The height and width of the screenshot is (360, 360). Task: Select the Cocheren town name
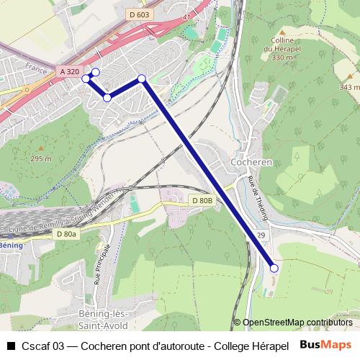[251, 163]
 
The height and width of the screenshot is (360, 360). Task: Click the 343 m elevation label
[348, 87]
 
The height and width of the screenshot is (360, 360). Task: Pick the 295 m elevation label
[41, 158]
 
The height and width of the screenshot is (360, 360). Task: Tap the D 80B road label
[203, 200]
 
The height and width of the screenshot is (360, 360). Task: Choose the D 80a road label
[65, 234]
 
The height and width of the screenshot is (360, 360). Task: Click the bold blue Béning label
[11, 246]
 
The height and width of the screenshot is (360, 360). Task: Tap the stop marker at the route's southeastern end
[274, 268]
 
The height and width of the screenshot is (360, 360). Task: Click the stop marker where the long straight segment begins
[142, 78]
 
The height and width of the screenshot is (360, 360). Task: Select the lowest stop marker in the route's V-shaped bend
[107, 97]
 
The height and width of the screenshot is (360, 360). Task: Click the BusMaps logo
[325, 344]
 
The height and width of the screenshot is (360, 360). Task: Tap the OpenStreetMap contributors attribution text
[297, 323]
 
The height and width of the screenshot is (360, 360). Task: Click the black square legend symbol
[10, 345]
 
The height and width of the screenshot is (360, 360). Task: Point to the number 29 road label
[260, 236]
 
